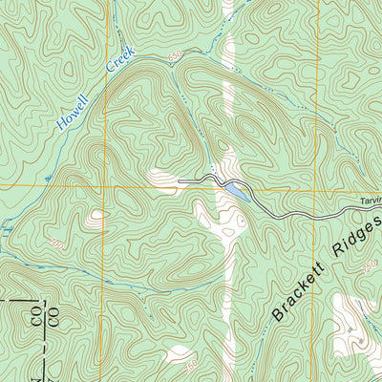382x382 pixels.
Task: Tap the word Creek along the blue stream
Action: click(122, 62)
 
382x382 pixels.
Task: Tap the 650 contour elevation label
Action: click(174, 59)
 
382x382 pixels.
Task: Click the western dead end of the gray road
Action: click(179, 179)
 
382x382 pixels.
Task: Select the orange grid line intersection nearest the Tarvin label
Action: click(314, 189)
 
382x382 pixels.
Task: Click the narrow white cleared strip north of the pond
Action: click(227, 95)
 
